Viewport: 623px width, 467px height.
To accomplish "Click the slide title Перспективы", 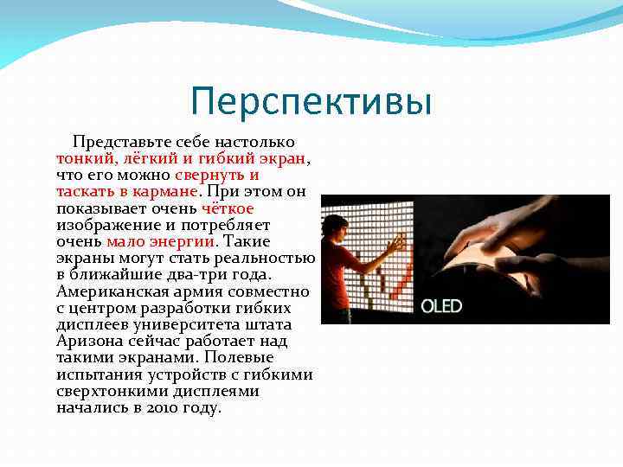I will coord(311,102).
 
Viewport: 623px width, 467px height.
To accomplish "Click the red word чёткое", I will coord(228,208).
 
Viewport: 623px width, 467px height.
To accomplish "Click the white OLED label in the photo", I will coord(441,305).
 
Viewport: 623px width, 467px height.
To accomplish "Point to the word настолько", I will coord(258,142).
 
